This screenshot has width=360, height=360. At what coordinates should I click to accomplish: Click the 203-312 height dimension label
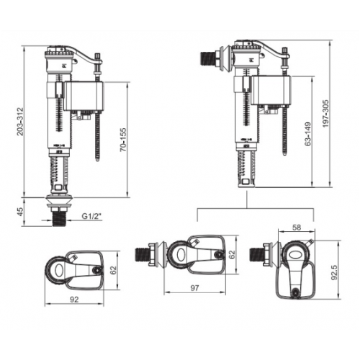point(20,122)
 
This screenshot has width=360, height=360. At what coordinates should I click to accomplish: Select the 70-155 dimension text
point(123,140)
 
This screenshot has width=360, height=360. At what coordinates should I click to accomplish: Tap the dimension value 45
point(20,212)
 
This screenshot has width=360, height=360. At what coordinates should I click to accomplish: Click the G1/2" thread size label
point(91,216)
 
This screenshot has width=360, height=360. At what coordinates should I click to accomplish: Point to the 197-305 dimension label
point(325,113)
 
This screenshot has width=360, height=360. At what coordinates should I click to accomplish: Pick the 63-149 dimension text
point(307,134)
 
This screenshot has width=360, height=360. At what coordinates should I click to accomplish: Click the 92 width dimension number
point(74,300)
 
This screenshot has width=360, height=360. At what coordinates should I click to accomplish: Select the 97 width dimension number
point(194,288)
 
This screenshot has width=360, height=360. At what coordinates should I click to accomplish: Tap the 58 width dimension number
point(297,228)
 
